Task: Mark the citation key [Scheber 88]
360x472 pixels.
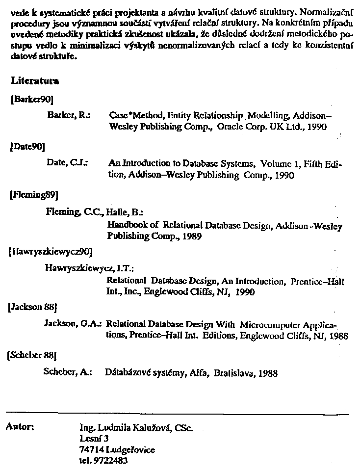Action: point(33,354)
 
